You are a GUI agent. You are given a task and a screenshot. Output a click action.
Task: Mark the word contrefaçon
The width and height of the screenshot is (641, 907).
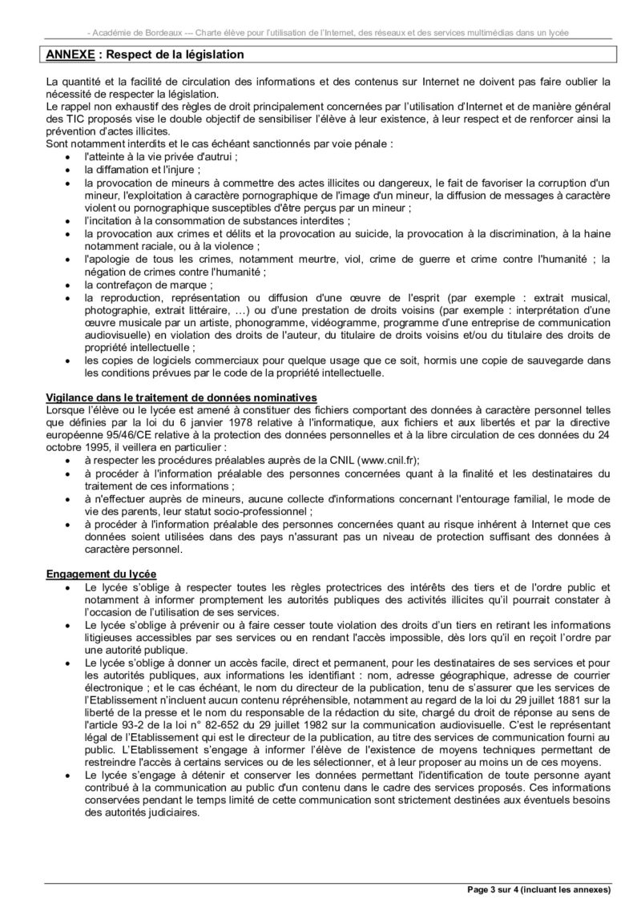point(128,284)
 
